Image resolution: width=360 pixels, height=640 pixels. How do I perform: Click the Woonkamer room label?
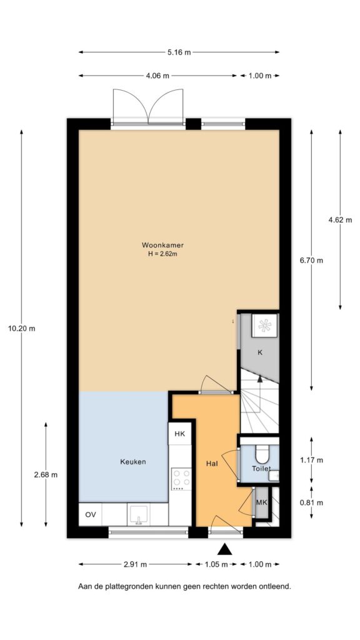point(162,245)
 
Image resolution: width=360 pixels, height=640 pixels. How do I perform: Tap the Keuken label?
point(133,462)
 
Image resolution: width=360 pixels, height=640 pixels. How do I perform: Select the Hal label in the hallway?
point(211,463)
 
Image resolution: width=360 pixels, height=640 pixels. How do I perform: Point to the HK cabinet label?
point(179,434)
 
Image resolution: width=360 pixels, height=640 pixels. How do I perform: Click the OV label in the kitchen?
point(91,515)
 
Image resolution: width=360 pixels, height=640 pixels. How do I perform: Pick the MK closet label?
point(262,502)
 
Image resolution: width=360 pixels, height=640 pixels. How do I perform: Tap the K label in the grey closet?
point(260,353)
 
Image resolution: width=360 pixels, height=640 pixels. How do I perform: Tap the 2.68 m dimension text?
point(46,474)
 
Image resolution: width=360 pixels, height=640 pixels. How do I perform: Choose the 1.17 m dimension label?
point(311,461)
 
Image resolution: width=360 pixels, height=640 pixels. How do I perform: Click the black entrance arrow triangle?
point(225,549)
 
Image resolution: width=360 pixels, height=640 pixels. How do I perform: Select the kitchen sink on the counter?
point(137,516)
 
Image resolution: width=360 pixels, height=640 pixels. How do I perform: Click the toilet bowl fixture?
point(262,453)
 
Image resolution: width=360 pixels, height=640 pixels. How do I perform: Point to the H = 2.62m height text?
point(162,254)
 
